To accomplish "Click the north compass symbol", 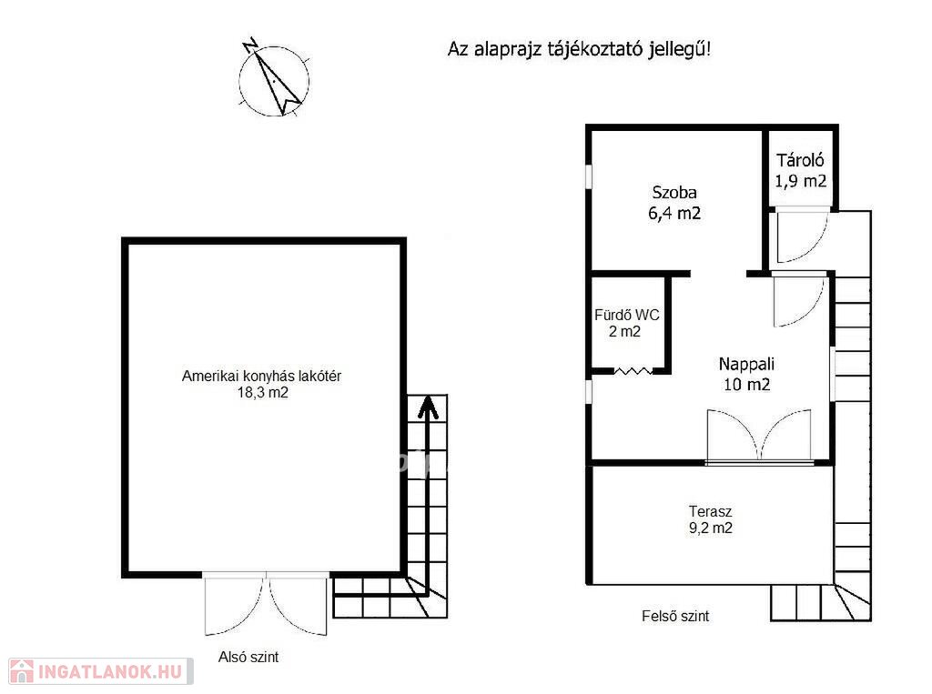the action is click(274, 80).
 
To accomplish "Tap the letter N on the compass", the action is click(250, 45).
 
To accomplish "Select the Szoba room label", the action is click(674, 193).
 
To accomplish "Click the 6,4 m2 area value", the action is click(674, 214).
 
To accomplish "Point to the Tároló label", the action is click(800, 160).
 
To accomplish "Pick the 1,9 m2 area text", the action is click(800, 181).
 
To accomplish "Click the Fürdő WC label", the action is click(626, 315).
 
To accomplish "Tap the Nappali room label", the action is click(746, 364).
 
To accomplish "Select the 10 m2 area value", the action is click(746, 385).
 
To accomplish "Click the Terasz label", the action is click(710, 511).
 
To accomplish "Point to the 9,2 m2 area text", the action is click(710, 528).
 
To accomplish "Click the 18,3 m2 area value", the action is click(263, 393).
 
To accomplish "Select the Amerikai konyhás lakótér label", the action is click(261, 377).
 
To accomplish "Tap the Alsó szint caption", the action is click(248, 657).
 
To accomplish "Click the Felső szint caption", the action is click(675, 616).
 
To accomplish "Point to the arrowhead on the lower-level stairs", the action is click(428, 407).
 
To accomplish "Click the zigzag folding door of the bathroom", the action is click(633, 371).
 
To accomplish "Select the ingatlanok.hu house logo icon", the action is click(22, 671).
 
